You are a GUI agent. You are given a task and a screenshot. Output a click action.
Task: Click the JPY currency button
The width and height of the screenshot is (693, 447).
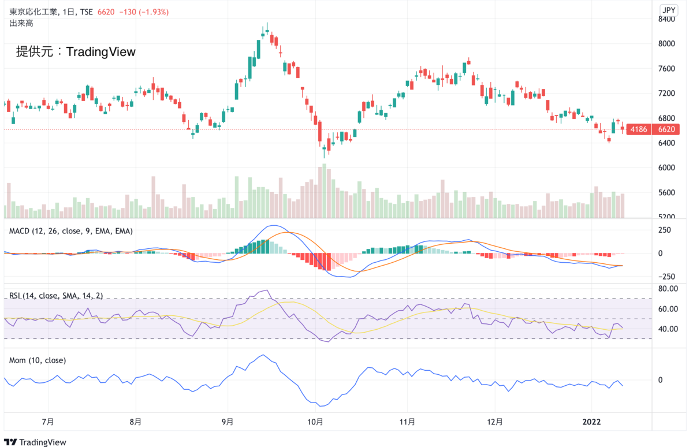tap(669, 10)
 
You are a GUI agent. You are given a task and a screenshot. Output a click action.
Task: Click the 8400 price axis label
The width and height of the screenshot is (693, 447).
tap(666, 19)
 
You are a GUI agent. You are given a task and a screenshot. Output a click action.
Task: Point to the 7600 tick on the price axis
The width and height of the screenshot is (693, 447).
tap(666, 69)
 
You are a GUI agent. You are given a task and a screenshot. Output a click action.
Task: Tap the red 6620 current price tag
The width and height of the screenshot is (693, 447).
tap(666, 129)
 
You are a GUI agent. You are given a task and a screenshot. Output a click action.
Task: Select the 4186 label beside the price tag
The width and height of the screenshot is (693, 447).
tap(639, 129)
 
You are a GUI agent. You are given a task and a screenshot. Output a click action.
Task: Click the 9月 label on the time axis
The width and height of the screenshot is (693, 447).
tap(228, 422)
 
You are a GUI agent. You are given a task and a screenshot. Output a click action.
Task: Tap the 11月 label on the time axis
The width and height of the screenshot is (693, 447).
tap(408, 422)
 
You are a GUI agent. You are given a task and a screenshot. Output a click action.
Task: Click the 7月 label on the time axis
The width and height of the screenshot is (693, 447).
tap(49, 422)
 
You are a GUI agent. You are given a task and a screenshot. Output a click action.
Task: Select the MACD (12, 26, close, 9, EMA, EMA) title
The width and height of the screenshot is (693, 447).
tap(71, 231)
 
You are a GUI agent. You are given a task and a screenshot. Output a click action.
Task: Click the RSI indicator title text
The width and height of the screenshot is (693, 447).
tap(55, 296)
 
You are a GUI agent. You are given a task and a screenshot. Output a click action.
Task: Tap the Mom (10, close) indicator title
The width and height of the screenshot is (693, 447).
tap(38, 360)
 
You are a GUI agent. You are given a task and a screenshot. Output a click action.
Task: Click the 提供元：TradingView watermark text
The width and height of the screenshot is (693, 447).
tap(76, 52)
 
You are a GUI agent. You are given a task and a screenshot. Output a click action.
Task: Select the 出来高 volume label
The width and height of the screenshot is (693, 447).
tap(21, 23)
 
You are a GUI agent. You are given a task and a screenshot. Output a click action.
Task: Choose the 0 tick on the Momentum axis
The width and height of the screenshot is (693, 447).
tap(660, 380)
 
